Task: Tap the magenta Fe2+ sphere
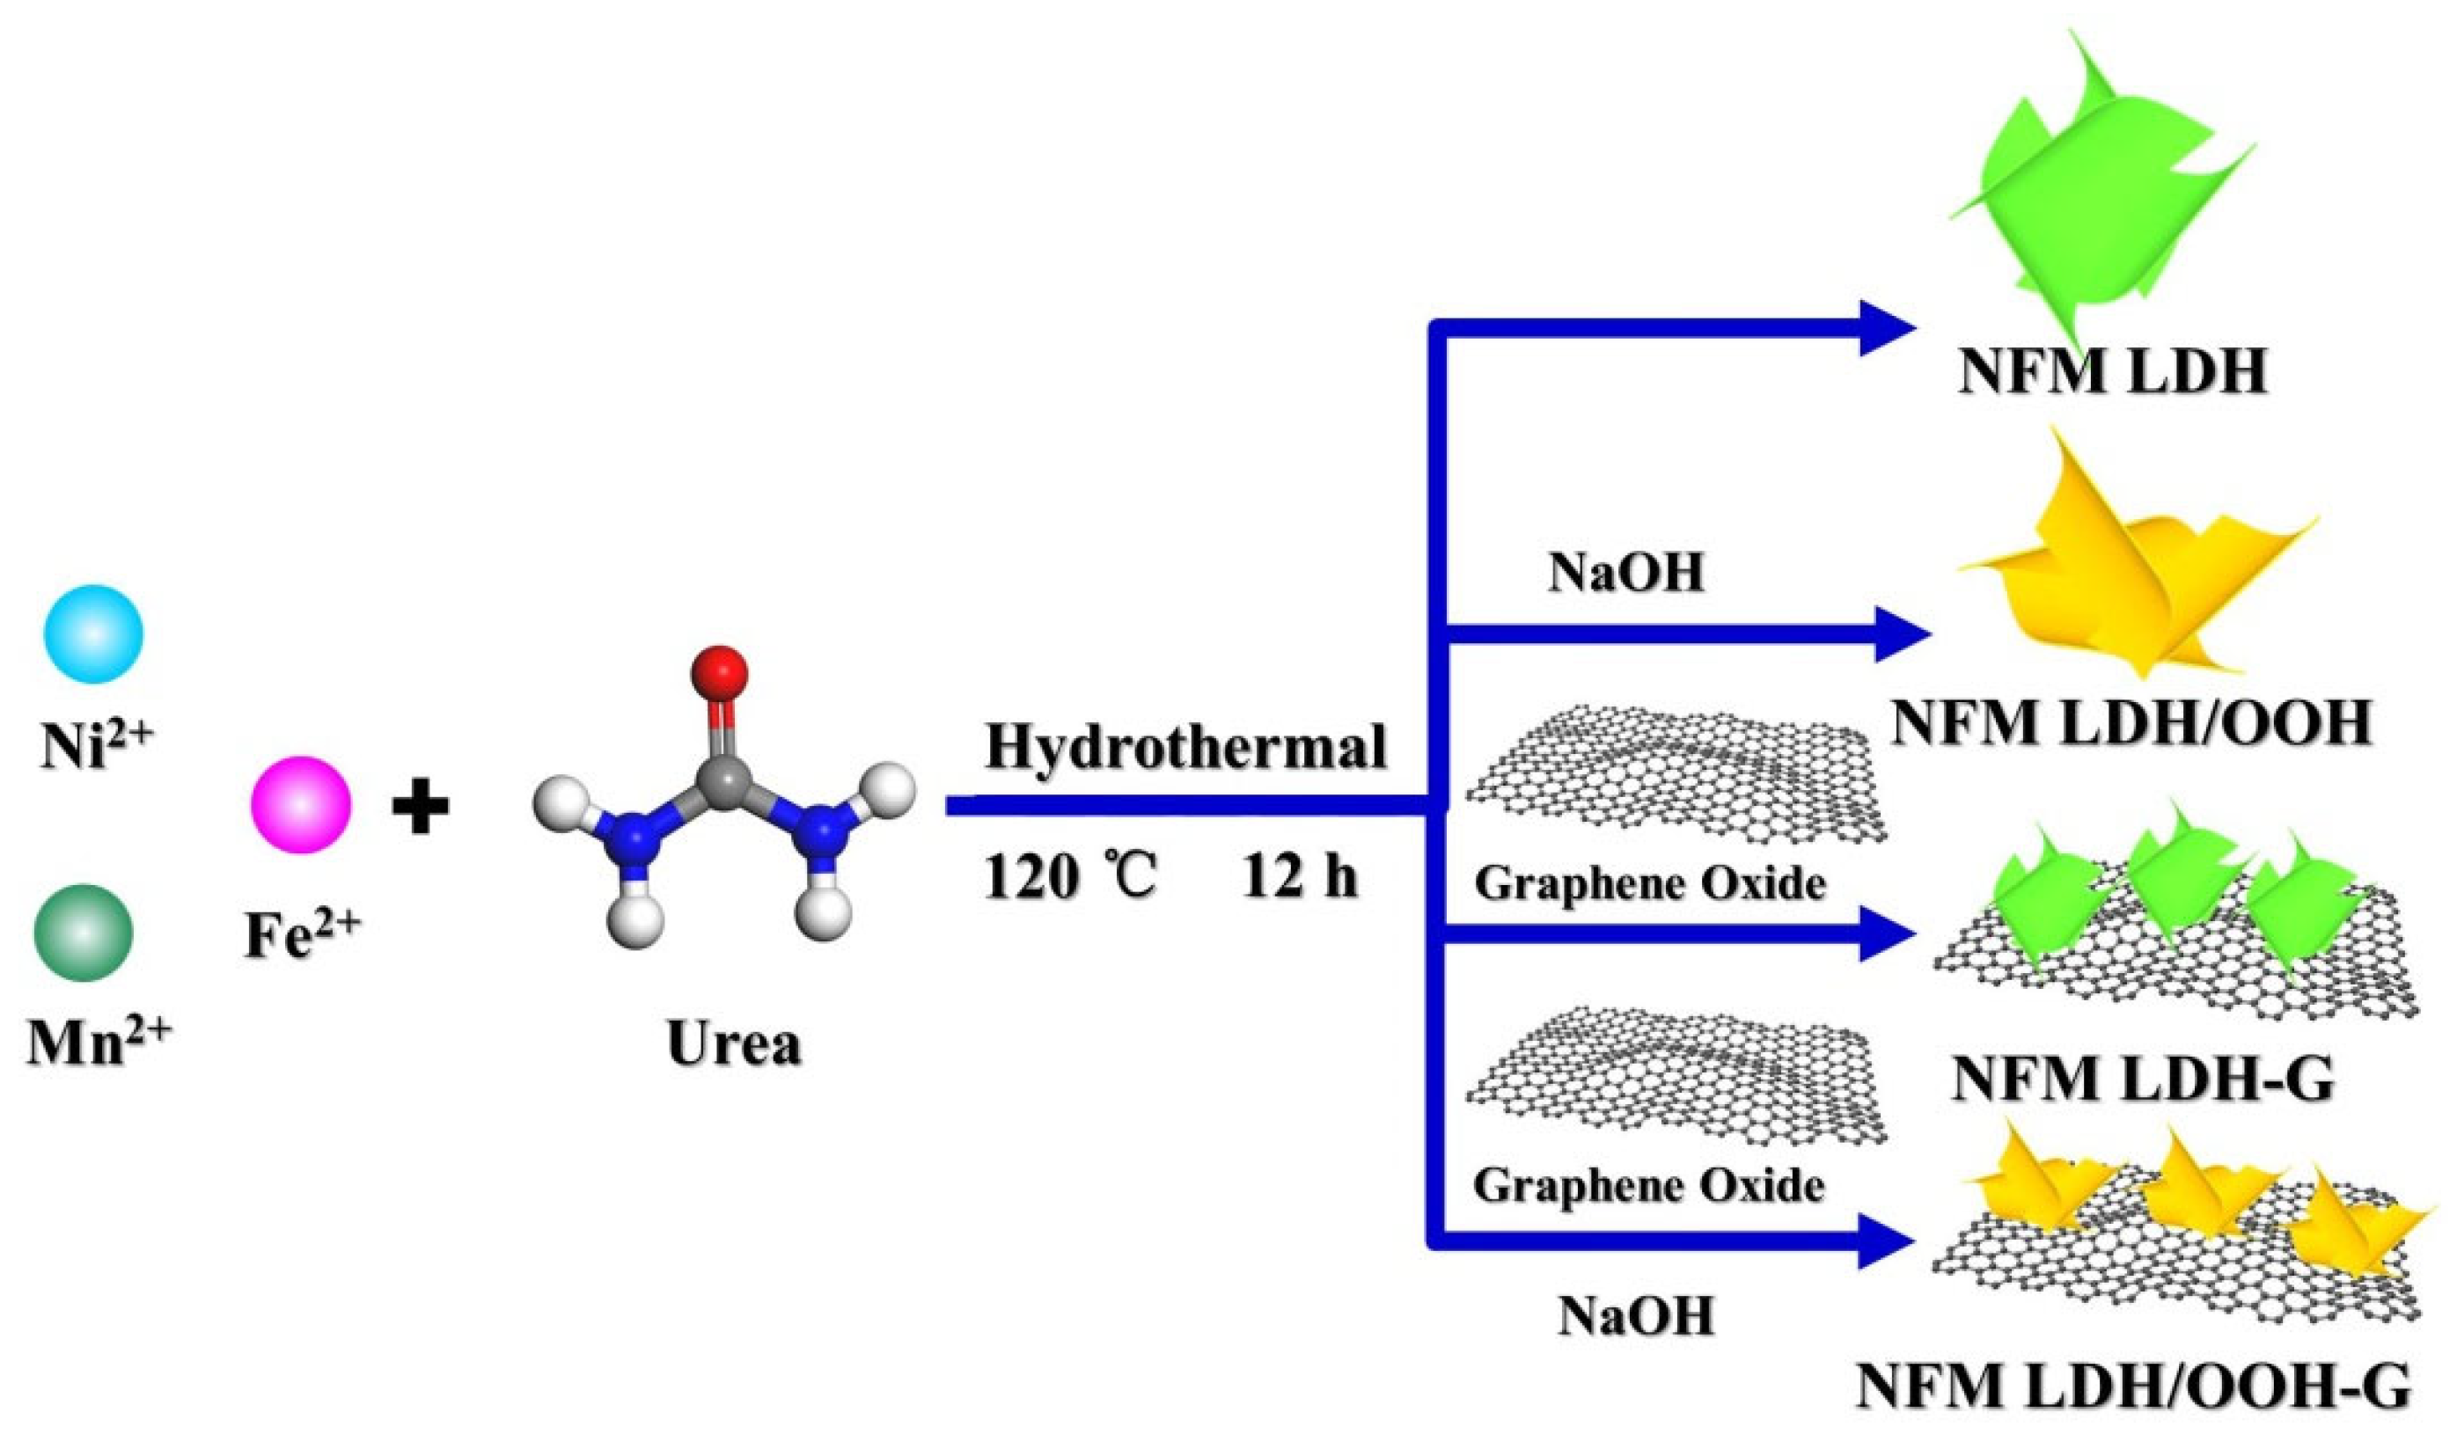pos(301,805)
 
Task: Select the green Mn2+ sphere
pos(84,933)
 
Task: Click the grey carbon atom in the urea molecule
pos(723,779)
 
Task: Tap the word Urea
pos(733,1043)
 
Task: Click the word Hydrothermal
pos(1185,748)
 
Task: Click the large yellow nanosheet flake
pos(2129,576)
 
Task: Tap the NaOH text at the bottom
pos(1636,1315)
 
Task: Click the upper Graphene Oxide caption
pos(1649,883)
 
